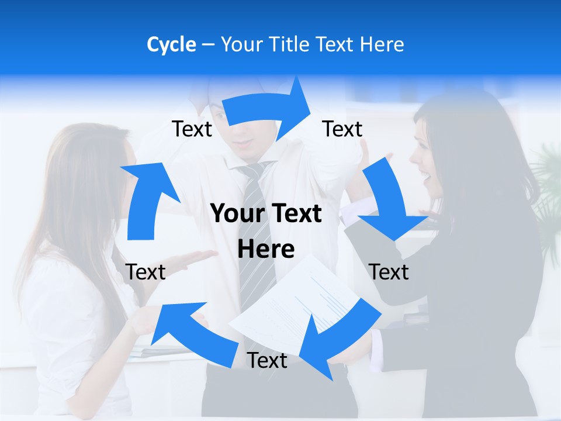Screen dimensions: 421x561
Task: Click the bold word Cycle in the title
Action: [x=171, y=44]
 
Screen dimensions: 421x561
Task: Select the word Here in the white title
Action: [x=382, y=44]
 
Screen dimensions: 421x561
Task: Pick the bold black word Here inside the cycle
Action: [x=266, y=249]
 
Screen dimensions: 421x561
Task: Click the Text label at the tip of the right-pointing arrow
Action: [x=342, y=129]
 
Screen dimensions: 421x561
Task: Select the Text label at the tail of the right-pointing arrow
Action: [x=192, y=129]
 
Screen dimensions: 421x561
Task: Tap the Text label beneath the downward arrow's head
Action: [x=389, y=272]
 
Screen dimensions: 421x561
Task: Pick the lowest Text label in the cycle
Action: [x=267, y=361]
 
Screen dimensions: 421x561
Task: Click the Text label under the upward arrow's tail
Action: [x=146, y=272]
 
